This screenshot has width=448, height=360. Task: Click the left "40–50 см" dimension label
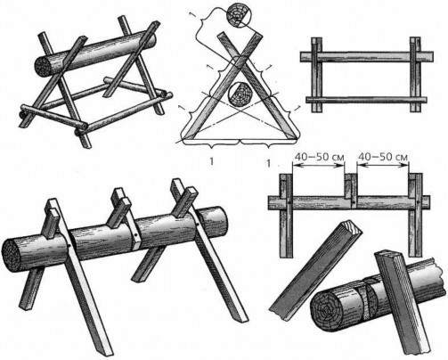(x=319, y=156)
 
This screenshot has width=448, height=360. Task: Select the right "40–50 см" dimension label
(x=383, y=156)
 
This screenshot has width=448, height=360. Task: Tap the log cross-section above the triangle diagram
(x=238, y=16)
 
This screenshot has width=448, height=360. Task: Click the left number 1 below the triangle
(x=211, y=161)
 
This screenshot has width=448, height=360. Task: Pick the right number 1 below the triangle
(x=269, y=164)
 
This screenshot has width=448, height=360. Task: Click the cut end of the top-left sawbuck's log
(x=43, y=66)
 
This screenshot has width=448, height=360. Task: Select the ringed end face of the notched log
(x=327, y=310)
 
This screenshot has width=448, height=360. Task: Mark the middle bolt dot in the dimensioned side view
(x=354, y=203)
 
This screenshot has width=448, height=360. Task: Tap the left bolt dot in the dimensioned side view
(x=289, y=203)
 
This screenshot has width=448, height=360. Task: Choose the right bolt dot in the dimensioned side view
(x=418, y=203)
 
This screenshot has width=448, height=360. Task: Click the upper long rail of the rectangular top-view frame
(x=366, y=57)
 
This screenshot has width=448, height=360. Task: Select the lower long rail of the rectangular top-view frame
(x=366, y=100)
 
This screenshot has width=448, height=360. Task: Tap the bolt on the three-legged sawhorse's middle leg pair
(x=135, y=235)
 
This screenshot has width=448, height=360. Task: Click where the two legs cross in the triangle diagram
(x=240, y=57)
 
